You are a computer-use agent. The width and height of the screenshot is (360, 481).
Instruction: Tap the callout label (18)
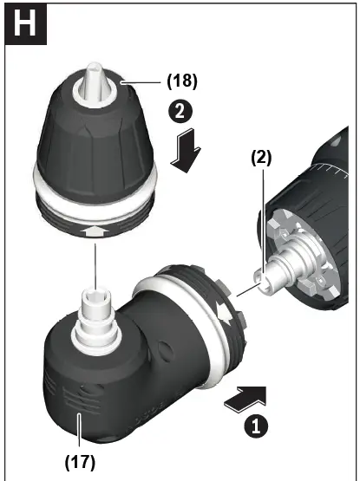pyautogui.click(x=181, y=81)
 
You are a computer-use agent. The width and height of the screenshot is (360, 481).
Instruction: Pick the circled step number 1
pyautogui.click(x=255, y=426)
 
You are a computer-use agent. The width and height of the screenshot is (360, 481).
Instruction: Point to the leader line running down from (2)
pyautogui.click(x=262, y=217)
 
